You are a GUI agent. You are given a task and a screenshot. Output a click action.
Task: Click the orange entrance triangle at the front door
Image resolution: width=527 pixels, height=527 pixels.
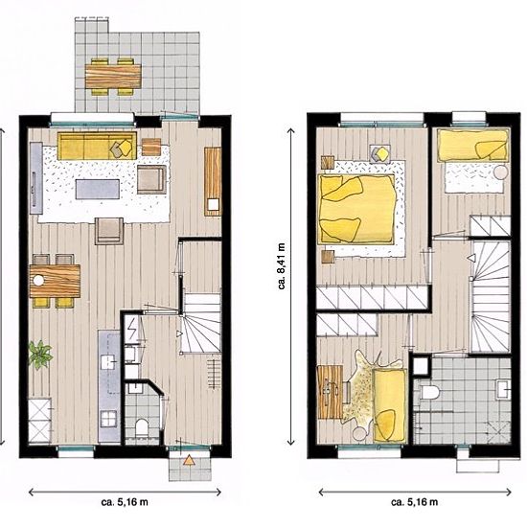pyautogui.click(x=189, y=460)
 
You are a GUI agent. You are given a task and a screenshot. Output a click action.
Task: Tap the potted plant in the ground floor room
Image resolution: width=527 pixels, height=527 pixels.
pyautogui.click(x=40, y=355)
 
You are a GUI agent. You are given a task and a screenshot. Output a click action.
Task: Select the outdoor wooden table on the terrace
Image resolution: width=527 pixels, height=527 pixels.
pyautogui.click(x=113, y=77)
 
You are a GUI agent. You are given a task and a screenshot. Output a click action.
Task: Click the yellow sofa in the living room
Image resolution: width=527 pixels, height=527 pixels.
pyautogui.click(x=97, y=146)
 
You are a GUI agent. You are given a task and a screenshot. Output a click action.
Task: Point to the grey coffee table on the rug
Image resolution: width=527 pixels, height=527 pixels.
pyautogui.click(x=98, y=189)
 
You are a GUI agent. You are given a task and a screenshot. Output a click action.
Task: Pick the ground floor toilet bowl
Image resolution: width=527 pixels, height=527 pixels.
pyautogui.click(x=142, y=426)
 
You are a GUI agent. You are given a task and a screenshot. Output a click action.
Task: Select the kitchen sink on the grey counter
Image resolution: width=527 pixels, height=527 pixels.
pyautogui.click(x=107, y=362)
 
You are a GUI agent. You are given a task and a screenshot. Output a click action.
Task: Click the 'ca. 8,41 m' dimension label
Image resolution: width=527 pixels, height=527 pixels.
pyautogui.click(x=282, y=266)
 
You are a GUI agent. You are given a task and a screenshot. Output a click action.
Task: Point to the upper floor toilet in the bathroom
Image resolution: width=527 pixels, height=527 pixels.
pyautogui.click(x=429, y=392)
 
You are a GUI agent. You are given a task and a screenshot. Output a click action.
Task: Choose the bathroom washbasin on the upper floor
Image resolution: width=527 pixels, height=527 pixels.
pyautogui.click(x=503, y=390)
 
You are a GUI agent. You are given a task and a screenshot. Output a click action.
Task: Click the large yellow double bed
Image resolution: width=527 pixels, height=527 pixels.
pyautogui.click(x=356, y=209)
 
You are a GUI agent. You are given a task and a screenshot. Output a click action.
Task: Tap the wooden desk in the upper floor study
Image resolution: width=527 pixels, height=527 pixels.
pyautogui.click(x=330, y=392)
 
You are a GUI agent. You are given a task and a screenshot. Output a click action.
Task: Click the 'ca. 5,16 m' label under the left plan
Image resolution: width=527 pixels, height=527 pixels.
pyautogui.click(x=125, y=502)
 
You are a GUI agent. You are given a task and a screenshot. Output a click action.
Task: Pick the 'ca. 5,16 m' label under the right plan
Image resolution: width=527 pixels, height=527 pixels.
pyautogui.click(x=414, y=502)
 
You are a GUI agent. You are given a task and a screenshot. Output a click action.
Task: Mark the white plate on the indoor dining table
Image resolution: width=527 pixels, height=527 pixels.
pyautogui.click(x=39, y=281)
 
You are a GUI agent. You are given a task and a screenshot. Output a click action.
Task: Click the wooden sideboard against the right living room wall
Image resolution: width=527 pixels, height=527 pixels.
pyautogui.click(x=213, y=181)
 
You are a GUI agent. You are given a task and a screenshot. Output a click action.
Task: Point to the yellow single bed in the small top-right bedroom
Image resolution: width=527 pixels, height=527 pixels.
pyautogui.click(x=472, y=145)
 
